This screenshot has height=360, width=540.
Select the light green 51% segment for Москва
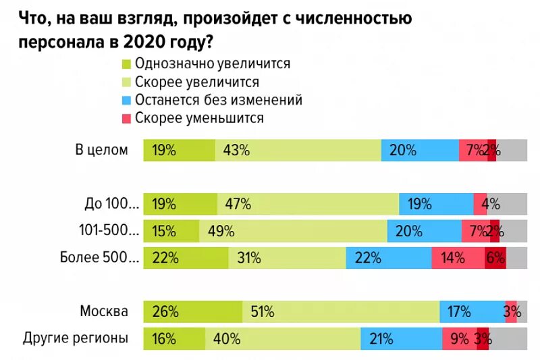(x=341, y=311)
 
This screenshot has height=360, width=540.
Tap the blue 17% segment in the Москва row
(x=472, y=311)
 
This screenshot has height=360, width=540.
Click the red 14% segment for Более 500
(x=458, y=257)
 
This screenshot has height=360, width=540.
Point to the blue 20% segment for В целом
(x=420, y=150)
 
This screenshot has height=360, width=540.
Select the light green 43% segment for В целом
(x=298, y=150)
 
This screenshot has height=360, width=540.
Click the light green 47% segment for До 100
(x=308, y=203)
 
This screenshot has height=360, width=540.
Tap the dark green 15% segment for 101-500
(x=171, y=230)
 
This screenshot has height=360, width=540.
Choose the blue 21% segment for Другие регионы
(x=401, y=338)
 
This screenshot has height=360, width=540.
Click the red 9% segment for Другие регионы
(x=459, y=338)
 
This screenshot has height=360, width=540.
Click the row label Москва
(x=104, y=311)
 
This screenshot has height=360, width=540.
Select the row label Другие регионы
(x=76, y=338)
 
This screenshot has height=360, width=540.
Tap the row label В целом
(x=101, y=150)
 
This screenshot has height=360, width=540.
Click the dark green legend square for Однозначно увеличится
(x=126, y=65)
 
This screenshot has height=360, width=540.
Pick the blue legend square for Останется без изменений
(x=126, y=101)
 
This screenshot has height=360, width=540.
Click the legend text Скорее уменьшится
(x=199, y=118)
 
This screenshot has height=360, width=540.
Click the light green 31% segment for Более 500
(x=287, y=257)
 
